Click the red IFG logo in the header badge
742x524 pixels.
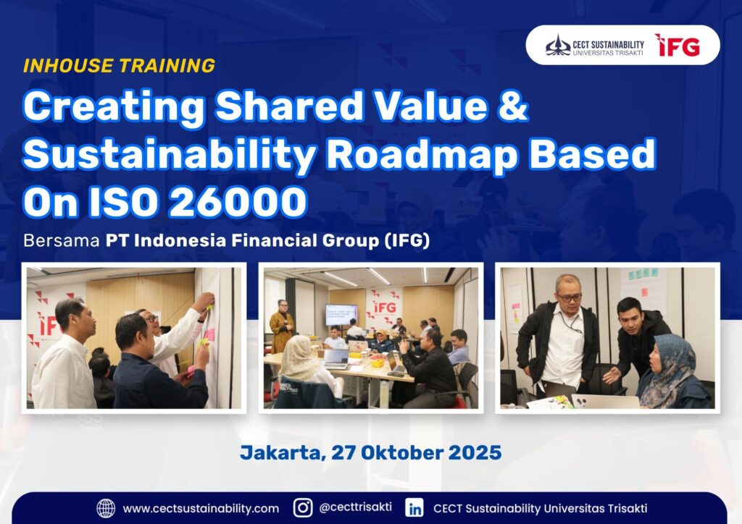(678, 45)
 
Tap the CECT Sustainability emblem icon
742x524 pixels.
(558, 46)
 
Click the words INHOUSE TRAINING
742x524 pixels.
(120, 66)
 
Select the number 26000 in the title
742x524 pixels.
(238, 202)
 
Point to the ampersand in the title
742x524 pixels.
(512, 106)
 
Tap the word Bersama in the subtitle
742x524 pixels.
(62, 241)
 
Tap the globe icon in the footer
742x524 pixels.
(106, 508)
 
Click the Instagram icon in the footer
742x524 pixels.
(303, 508)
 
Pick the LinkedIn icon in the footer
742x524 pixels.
(414, 508)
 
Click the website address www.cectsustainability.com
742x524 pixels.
(201, 509)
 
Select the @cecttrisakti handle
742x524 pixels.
(355, 507)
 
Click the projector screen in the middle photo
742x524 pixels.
(341, 314)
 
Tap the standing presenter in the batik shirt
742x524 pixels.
(282, 326)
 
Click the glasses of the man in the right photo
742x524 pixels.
(570, 297)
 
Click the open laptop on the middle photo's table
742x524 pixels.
(335, 358)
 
